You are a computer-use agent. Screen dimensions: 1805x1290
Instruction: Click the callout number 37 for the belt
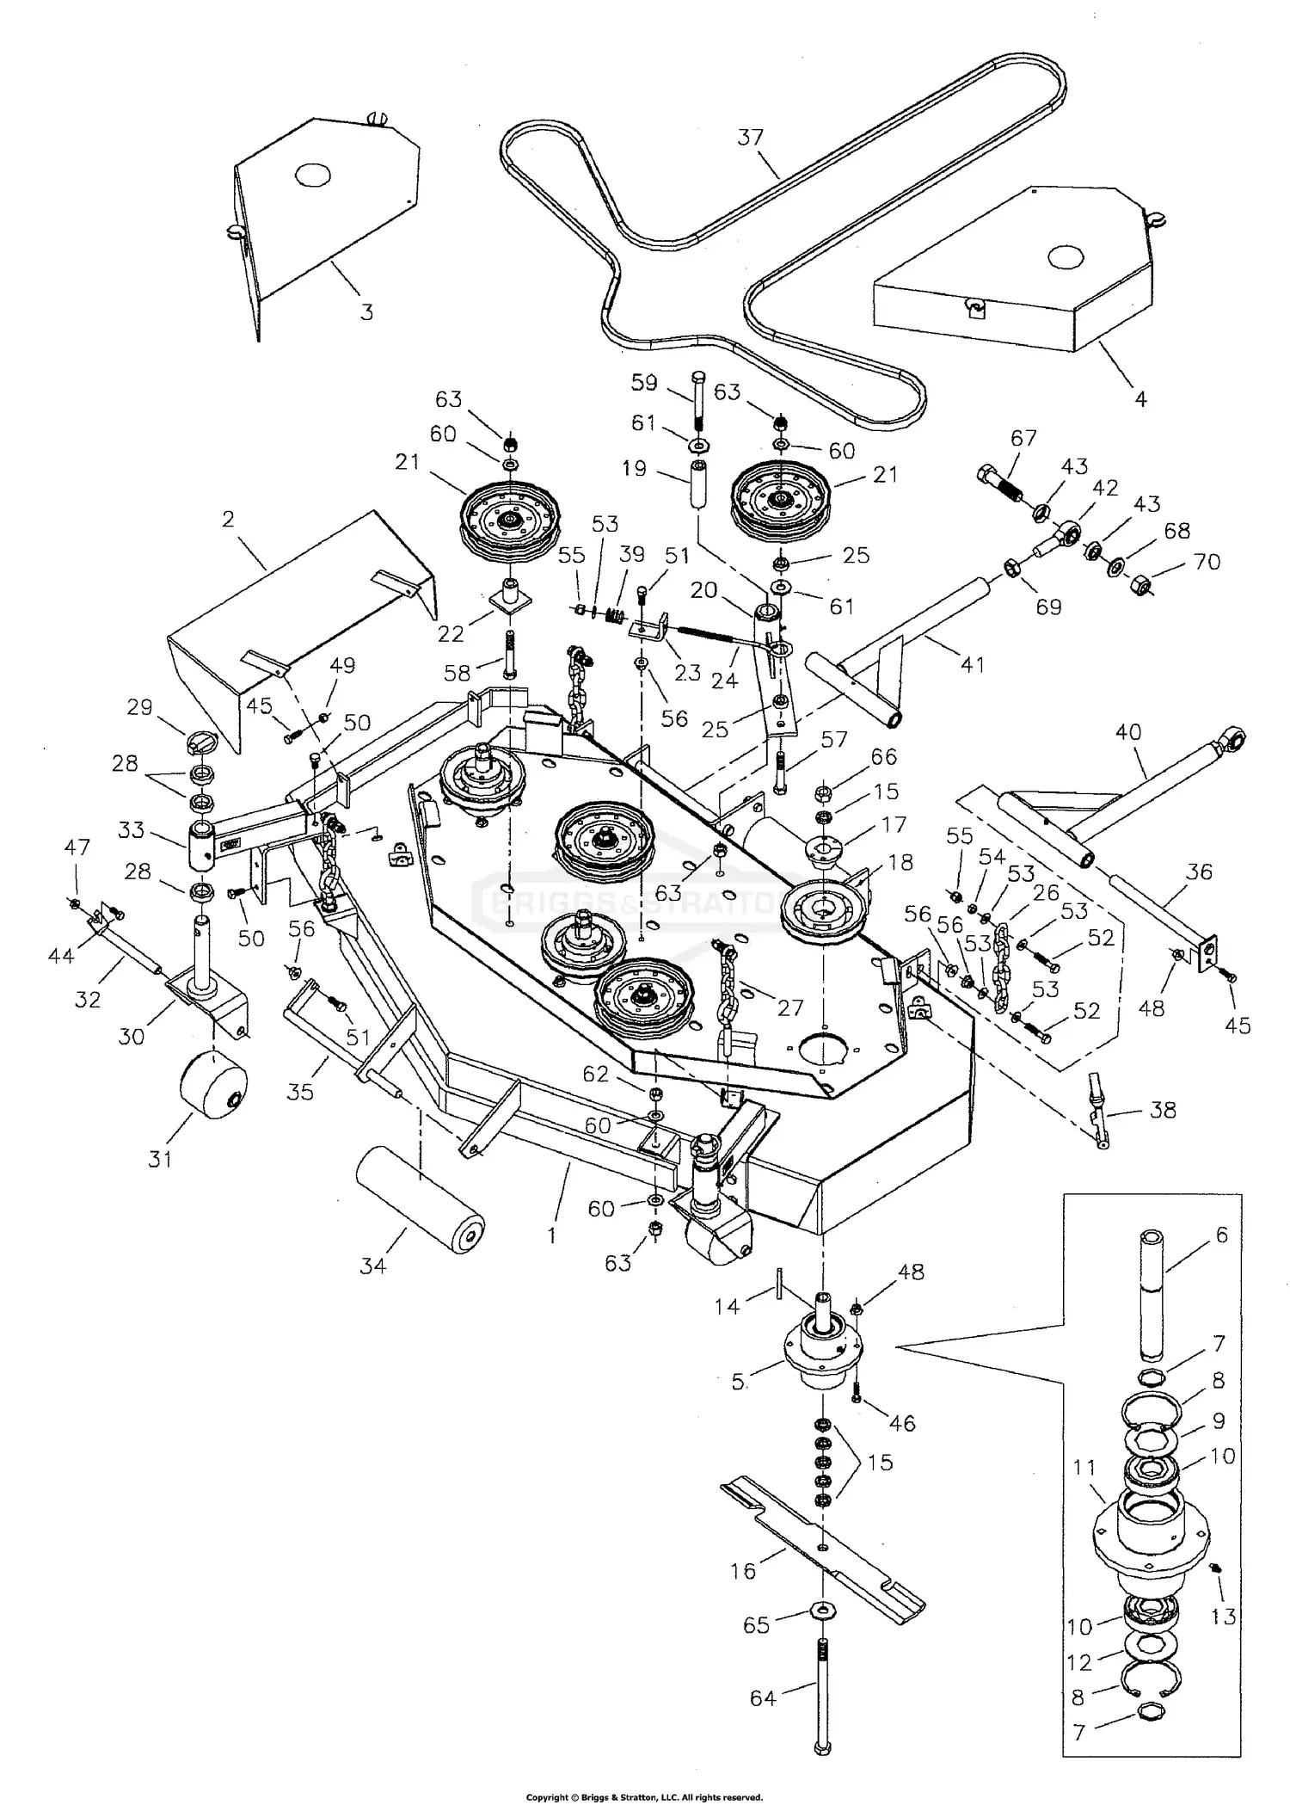pyautogui.click(x=750, y=138)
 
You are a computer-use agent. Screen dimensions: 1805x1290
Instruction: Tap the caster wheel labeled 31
pyautogui.click(x=212, y=1087)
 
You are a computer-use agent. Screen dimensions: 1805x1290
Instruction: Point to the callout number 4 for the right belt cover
pyautogui.click(x=1140, y=399)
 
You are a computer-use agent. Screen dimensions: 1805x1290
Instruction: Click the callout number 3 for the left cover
pyautogui.click(x=366, y=312)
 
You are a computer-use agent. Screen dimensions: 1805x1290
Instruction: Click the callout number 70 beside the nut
pyautogui.click(x=1207, y=562)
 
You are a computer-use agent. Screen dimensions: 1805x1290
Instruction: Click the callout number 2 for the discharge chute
pyautogui.click(x=228, y=520)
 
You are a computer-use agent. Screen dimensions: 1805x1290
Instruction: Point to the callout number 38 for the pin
pyautogui.click(x=1163, y=1110)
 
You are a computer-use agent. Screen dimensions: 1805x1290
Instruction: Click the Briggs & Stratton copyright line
pyautogui.click(x=644, y=1797)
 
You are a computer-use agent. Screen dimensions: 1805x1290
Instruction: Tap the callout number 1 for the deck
pyautogui.click(x=551, y=1235)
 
